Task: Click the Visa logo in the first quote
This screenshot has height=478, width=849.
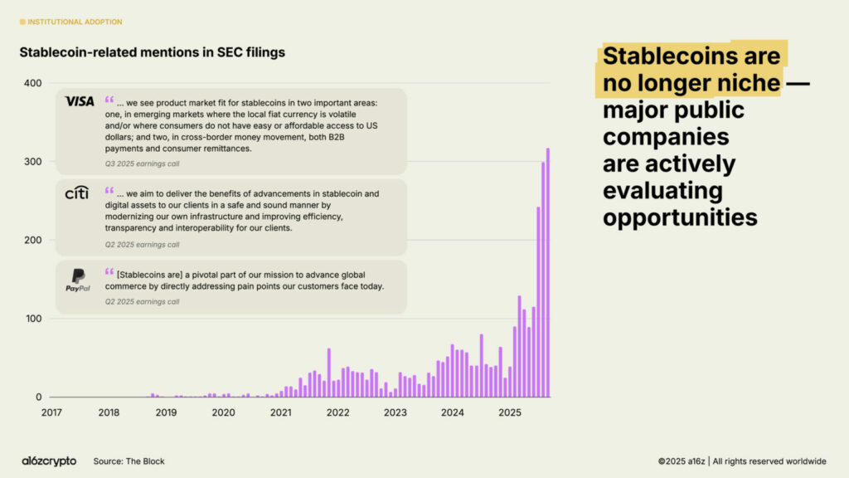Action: click(x=80, y=101)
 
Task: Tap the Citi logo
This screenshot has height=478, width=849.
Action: click(x=77, y=193)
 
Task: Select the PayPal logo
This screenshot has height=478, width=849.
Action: click(x=78, y=280)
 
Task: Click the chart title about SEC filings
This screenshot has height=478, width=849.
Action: click(x=152, y=52)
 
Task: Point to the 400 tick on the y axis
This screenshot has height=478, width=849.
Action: click(x=32, y=83)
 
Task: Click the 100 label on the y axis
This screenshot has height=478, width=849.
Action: click(x=32, y=319)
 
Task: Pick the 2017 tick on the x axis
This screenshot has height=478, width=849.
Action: click(x=51, y=412)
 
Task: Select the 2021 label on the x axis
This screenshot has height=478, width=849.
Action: click(x=281, y=412)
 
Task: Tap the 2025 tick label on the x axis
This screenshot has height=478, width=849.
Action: click(x=510, y=412)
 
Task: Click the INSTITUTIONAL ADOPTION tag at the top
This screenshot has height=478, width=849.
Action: click(x=75, y=22)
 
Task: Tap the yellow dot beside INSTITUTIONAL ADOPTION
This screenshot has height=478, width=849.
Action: click(x=22, y=22)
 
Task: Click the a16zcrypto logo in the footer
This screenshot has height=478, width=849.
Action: click(x=49, y=461)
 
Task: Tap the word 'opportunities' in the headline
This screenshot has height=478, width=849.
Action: click(x=680, y=217)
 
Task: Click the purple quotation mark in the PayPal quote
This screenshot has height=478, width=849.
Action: click(x=109, y=271)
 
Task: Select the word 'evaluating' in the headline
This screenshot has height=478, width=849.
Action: click(x=662, y=190)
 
